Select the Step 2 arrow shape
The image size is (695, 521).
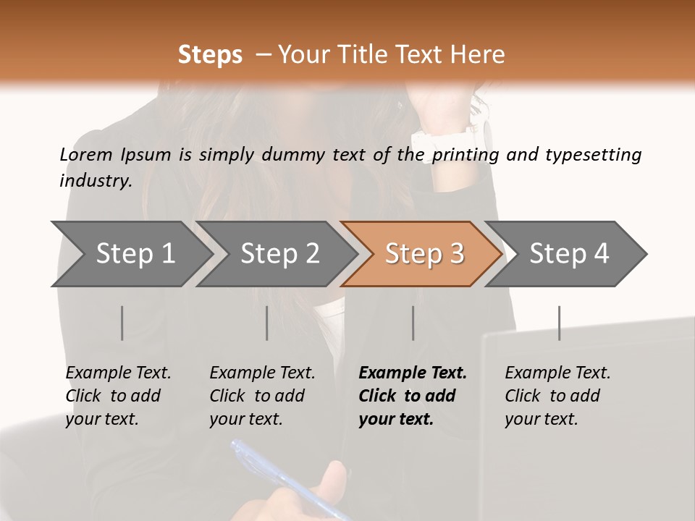click(279, 254)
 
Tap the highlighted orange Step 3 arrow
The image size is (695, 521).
click(424, 254)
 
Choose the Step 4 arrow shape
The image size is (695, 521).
click(569, 254)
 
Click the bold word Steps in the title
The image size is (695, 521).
click(210, 55)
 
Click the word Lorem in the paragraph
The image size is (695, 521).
click(85, 154)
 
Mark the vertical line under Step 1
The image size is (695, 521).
click(122, 323)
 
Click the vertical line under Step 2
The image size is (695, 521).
click(267, 323)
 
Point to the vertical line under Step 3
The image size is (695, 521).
click(413, 323)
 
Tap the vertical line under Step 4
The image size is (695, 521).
click(560, 323)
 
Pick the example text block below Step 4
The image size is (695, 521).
click(557, 396)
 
